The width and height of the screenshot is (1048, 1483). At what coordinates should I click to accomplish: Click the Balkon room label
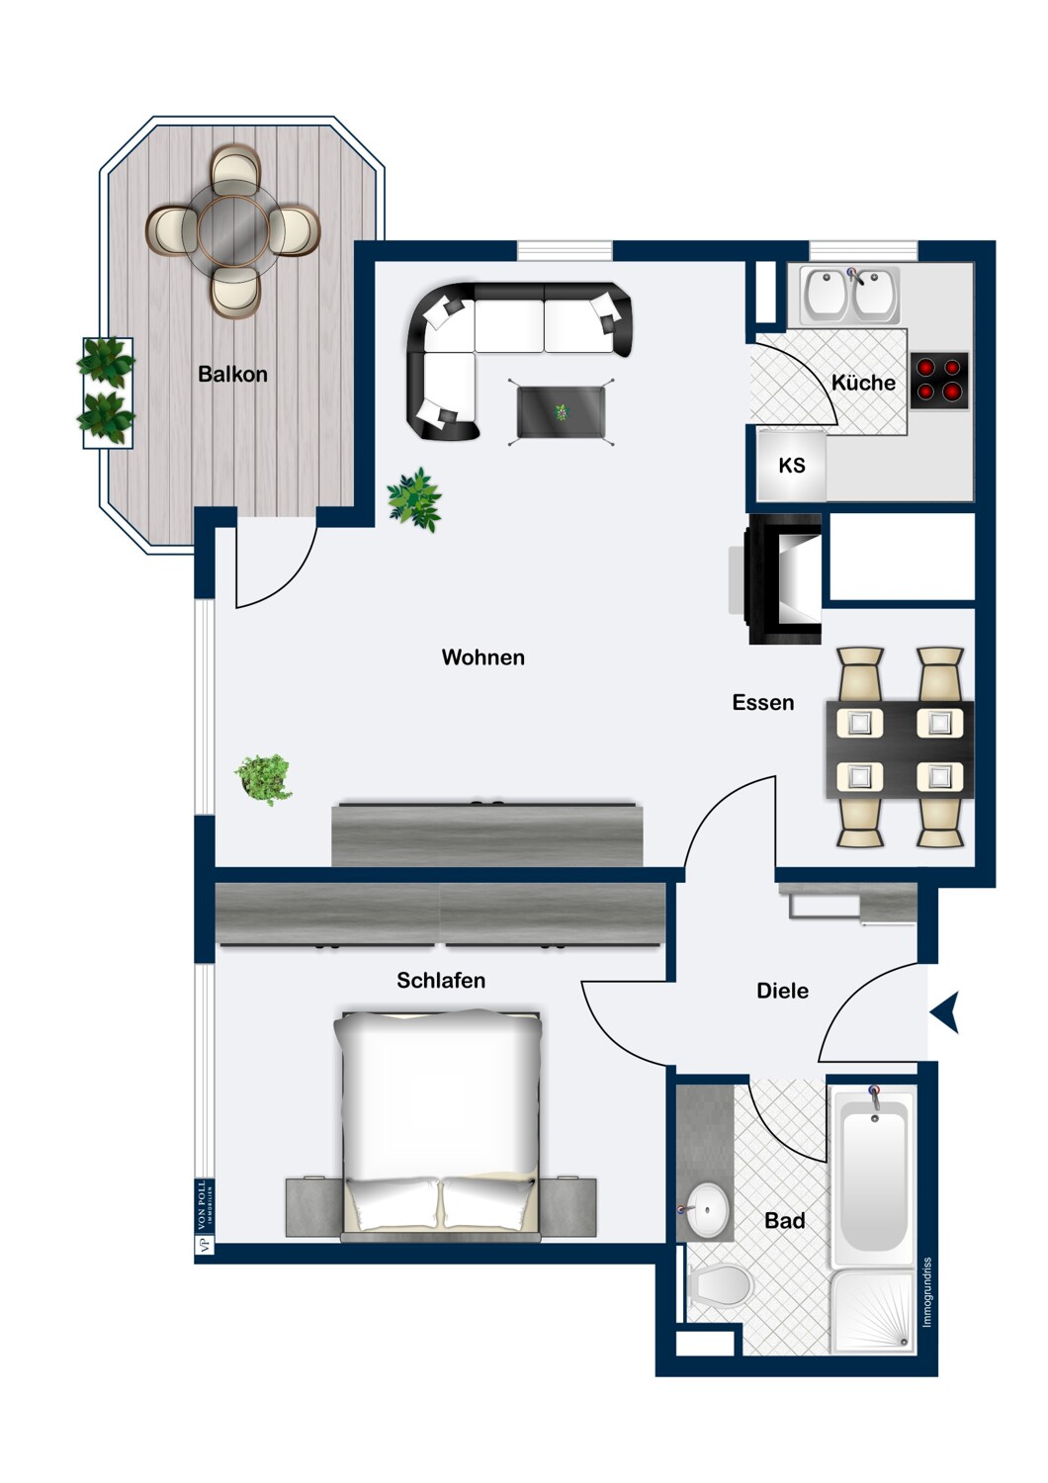232,374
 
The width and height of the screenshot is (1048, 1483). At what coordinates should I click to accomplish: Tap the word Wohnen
482,657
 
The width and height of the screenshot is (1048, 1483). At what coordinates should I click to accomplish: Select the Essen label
762,703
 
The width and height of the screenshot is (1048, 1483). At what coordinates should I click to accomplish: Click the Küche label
863,383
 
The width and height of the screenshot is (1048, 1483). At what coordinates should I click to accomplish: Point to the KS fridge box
791,466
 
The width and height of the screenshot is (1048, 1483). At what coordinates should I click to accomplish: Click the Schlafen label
441,981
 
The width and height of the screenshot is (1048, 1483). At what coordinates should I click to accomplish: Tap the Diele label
782,991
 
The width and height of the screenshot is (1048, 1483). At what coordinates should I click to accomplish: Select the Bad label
784,1221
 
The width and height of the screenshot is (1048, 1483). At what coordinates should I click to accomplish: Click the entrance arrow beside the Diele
946,1013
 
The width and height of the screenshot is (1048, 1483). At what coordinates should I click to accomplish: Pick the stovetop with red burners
938,381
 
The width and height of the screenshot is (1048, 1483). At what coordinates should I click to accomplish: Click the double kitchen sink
850,295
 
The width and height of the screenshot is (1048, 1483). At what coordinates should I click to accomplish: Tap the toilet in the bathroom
721,1286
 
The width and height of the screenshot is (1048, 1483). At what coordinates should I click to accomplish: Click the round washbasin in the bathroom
708,1208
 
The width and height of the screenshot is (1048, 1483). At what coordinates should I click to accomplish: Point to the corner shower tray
873,1311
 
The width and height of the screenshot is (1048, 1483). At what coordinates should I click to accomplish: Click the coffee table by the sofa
561,411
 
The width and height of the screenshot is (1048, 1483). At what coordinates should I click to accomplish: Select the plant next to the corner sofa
415,499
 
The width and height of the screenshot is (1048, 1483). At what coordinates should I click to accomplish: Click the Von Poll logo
204,1217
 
